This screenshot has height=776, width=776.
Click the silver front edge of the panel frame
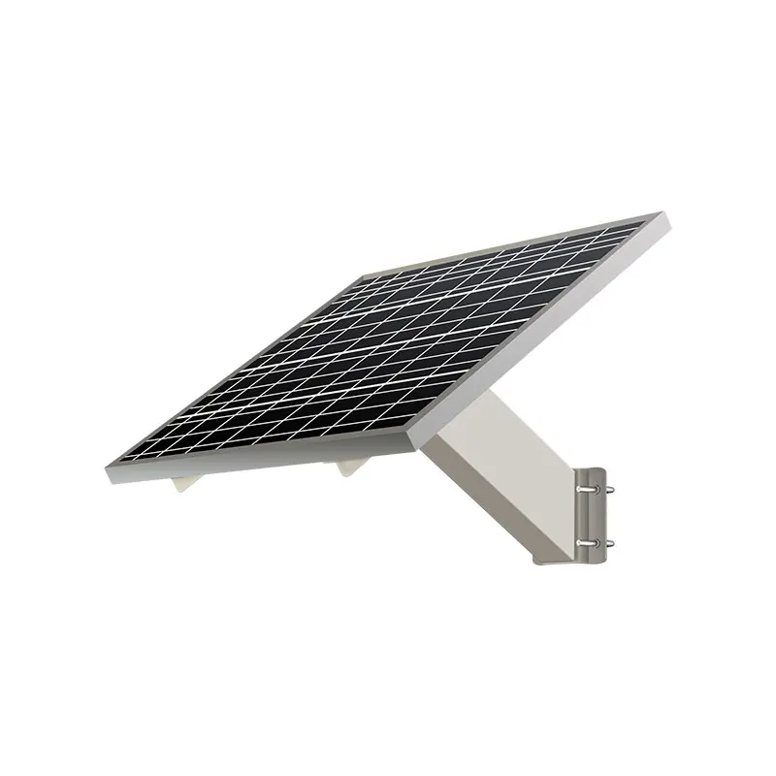(262, 462)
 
